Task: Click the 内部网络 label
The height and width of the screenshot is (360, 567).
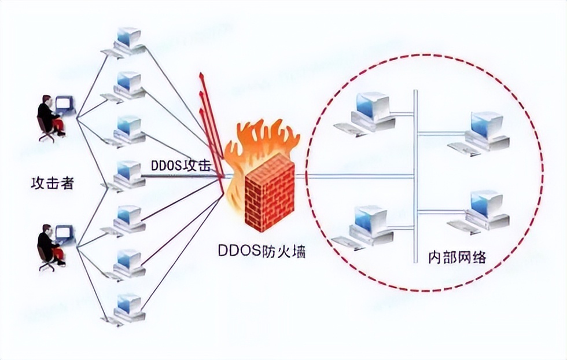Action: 456,256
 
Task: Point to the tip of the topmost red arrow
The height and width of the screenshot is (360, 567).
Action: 200,75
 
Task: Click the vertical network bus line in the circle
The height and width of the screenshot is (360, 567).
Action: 415,174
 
